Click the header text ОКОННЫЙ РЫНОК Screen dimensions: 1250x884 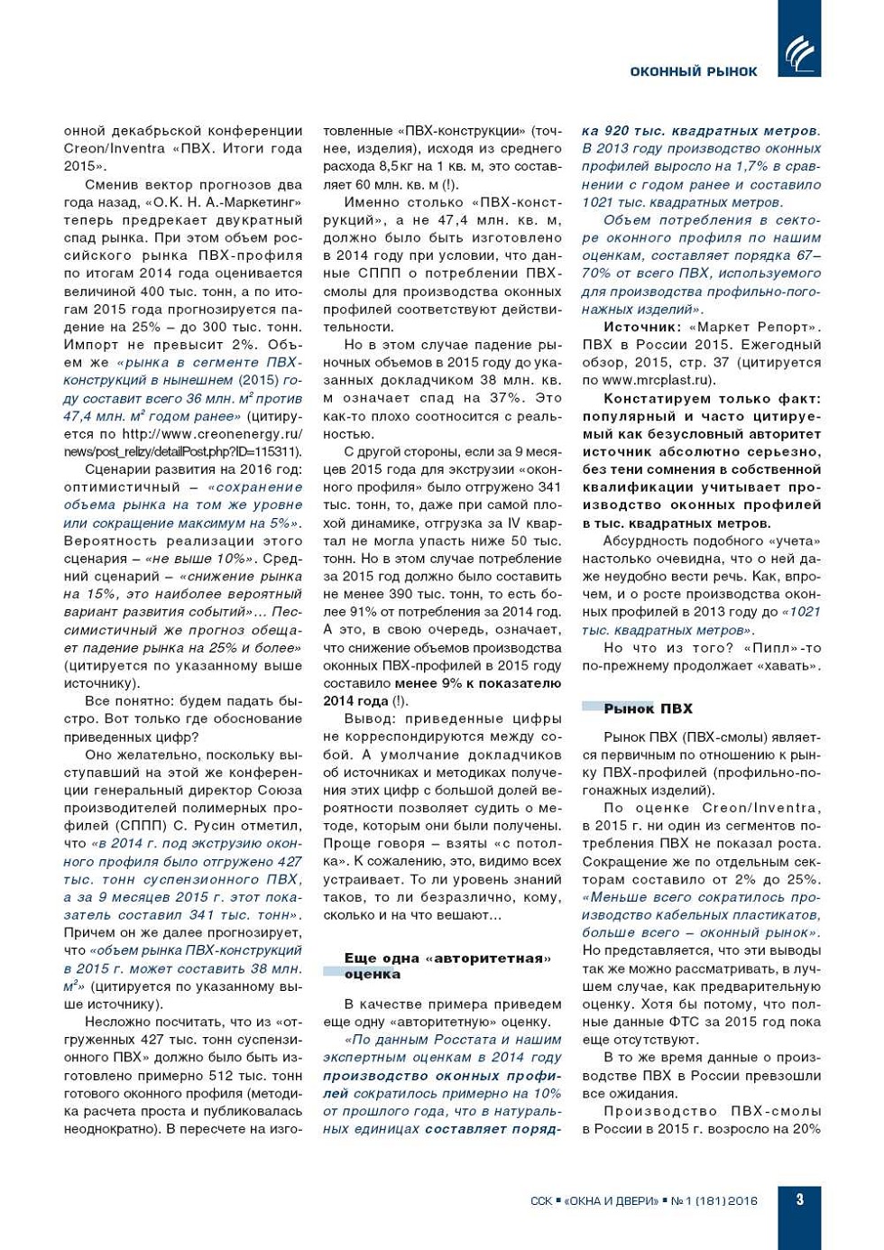(693, 71)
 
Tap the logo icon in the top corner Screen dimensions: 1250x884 (799, 53)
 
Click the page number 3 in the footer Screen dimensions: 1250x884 (799, 1199)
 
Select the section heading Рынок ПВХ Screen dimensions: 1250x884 (648, 708)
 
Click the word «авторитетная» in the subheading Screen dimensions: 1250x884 (492, 958)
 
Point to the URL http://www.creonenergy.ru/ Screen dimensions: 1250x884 (212, 433)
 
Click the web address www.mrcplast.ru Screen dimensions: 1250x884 (658, 380)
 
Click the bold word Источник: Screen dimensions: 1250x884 (641, 327)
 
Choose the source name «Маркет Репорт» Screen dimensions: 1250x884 (754, 327)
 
